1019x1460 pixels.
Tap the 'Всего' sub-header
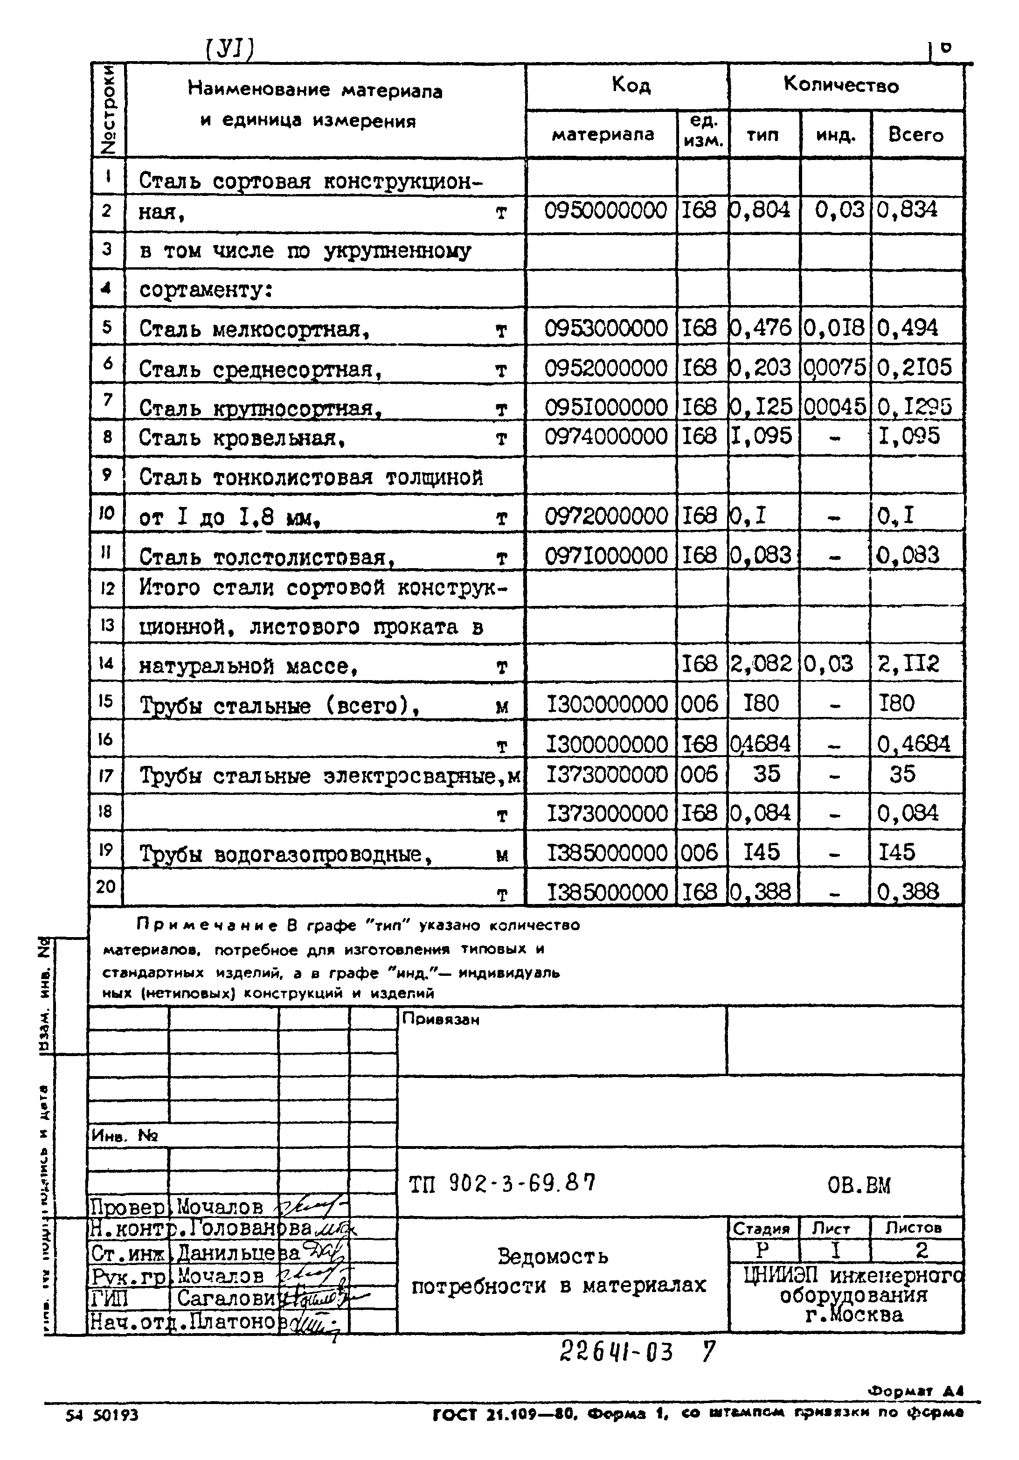(915, 135)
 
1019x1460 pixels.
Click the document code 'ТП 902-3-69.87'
(502, 1183)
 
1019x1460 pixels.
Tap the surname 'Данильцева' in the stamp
(236, 1253)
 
